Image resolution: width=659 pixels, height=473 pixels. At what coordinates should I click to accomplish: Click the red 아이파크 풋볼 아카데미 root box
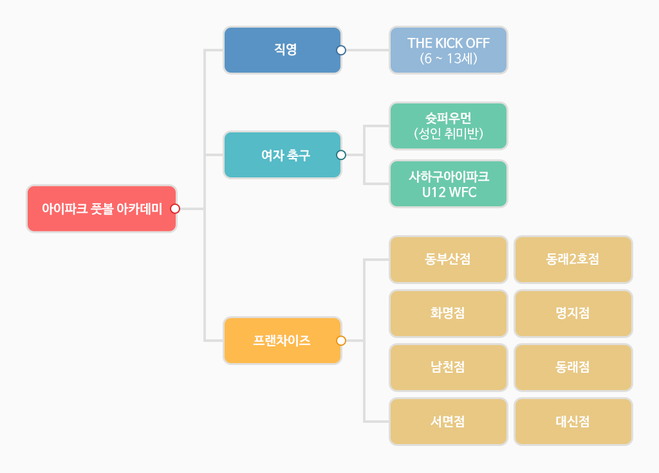click(x=101, y=209)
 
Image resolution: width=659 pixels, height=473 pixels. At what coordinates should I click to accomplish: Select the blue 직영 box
click(x=282, y=50)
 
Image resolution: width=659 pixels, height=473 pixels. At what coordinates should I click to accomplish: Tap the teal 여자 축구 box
click(x=282, y=155)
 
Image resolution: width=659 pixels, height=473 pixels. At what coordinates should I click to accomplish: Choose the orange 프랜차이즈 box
click(x=282, y=341)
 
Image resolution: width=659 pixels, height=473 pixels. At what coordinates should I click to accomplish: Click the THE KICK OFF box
click(x=448, y=50)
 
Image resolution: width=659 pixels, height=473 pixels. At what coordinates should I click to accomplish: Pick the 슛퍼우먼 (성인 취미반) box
click(x=448, y=126)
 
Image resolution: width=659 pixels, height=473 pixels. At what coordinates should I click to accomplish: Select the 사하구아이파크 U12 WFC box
click(x=448, y=184)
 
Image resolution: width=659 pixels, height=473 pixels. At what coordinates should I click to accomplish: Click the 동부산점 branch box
click(x=448, y=260)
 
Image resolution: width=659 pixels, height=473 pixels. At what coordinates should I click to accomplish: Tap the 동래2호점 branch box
click(x=573, y=260)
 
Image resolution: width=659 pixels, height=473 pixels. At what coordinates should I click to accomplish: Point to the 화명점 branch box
click(x=448, y=314)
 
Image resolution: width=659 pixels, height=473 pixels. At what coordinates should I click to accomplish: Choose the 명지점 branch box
click(x=573, y=314)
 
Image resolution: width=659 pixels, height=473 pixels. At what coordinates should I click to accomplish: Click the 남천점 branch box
click(x=448, y=368)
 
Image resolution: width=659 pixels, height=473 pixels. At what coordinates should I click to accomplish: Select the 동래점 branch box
click(x=573, y=368)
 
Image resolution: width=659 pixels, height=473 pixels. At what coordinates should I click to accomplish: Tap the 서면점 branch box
click(x=448, y=422)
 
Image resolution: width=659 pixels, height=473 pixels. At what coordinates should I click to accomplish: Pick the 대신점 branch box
click(x=573, y=422)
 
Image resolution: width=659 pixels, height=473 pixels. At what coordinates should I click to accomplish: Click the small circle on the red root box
click(x=175, y=209)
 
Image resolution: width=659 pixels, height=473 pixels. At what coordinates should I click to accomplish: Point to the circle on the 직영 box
click(x=341, y=50)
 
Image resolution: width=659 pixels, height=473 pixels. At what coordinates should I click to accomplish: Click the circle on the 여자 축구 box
click(x=341, y=155)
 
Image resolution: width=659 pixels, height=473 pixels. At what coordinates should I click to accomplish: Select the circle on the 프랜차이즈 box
click(x=341, y=341)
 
